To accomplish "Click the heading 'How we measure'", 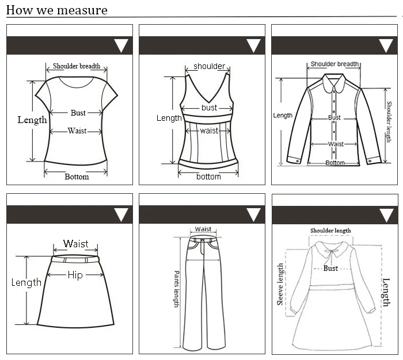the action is point(57,10).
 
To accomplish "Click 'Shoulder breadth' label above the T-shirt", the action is point(77,66).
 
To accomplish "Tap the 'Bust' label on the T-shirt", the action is point(78,113).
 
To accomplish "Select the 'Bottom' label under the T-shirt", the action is point(77,177).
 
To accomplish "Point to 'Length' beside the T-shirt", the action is point(32,120).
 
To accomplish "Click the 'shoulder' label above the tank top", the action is point(209,66).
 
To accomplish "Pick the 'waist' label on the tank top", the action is point(209,131).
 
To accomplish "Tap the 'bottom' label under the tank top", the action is point(208,177).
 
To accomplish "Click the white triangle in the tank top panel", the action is point(253,46).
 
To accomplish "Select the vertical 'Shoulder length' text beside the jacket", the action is point(389,122).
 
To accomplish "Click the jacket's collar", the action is point(334,85).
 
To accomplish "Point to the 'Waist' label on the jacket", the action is point(336,144).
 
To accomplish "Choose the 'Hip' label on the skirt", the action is point(75,275).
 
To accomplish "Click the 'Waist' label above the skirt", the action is point(76,244).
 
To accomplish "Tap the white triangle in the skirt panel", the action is point(121,215).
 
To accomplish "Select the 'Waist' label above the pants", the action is point(203,229).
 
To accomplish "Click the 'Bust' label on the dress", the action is point(330,269).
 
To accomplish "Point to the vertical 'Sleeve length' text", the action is point(281,284).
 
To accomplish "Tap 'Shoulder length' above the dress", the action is point(330,231).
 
